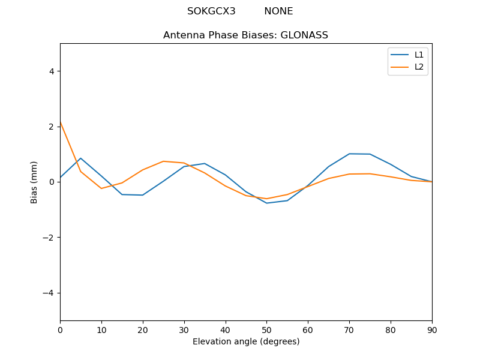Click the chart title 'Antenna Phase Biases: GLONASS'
pyautogui.click(x=245, y=35)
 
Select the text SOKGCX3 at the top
pyautogui.click(x=211, y=11)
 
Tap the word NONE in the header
pyautogui.click(x=278, y=11)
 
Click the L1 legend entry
pyautogui.click(x=419, y=55)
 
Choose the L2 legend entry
pyautogui.click(x=419, y=67)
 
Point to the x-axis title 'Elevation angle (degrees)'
pyautogui.click(x=245, y=341)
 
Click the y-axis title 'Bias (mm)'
pyautogui.click(x=34, y=182)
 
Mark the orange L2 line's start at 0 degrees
pyautogui.click(x=61, y=123)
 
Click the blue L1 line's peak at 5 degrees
pyautogui.click(x=80, y=158)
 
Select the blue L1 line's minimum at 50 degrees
pyautogui.click(x=266, y=203)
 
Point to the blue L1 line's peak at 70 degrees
pyautogui.click(x=349, y=154)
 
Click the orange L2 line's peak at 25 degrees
pyautogui.click(x=163, y=161)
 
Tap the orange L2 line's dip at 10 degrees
pyautogui.click(x=101, y=188)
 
